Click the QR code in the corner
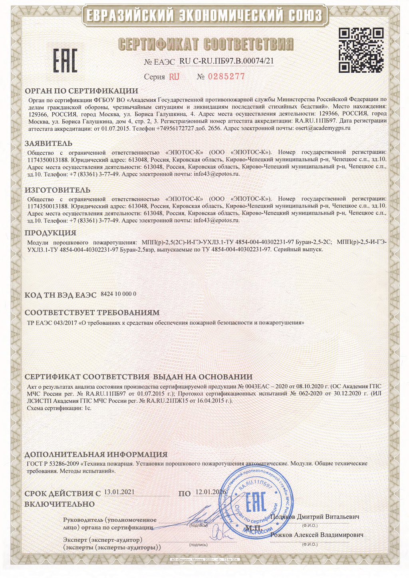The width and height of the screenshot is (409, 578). [361, 50]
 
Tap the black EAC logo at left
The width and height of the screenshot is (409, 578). [65, 61]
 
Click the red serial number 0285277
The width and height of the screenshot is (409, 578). [226, 77]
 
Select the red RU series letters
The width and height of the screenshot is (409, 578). [174, 77]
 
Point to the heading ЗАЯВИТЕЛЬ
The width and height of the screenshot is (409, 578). [49, 143]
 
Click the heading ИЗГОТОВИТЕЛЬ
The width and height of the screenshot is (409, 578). [58, 190]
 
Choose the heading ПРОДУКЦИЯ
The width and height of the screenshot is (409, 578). [50, 233]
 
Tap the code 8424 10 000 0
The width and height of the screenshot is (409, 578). [119, 294]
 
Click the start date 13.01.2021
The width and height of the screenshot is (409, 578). [119, 492]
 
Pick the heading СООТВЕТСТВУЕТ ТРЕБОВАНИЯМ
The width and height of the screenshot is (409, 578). [92, 312]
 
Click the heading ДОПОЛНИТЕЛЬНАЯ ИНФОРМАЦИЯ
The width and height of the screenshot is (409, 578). [96, 454]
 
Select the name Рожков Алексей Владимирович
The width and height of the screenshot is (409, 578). [317, 535]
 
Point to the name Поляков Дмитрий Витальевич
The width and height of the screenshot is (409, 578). [315, 516]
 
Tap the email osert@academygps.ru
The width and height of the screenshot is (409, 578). [323, 128]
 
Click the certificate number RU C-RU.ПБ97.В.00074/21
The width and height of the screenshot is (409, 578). [226, 61]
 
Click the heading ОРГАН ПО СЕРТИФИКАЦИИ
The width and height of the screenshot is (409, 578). [81, 91]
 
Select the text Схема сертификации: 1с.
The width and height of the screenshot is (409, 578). [59, 408]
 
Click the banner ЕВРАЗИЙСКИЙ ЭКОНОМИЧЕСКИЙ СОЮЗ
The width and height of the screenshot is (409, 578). [204, 16]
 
